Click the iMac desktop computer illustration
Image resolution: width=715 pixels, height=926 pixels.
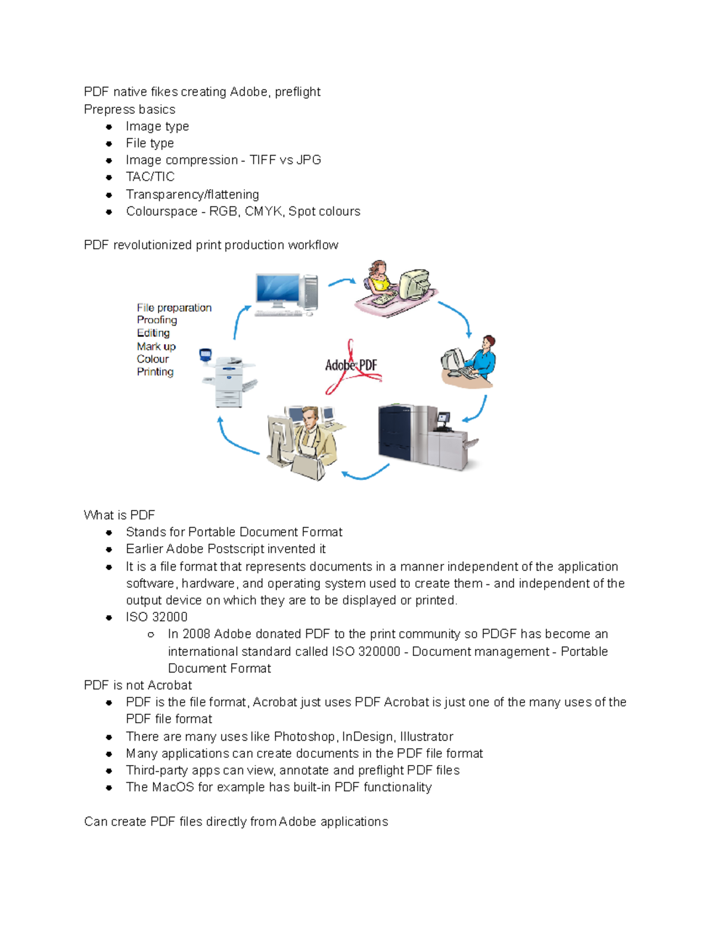click(x=285, y=294)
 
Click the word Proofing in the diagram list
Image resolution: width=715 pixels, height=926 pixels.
click(x=157, y=320)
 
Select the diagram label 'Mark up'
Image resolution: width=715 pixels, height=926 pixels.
click(x=156, y=346)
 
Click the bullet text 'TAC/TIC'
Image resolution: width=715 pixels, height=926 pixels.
click(x=150, y=177)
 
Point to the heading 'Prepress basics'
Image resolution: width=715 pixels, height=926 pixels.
click(x=129, y=110)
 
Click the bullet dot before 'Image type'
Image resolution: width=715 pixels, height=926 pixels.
click(x=109, y=127)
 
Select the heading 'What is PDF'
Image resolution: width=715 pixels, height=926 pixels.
click(x=119, y=515)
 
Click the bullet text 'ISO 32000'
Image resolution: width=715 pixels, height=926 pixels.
click(x=157, y=617)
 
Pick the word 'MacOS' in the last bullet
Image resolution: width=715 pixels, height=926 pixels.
click(x=173, y=788)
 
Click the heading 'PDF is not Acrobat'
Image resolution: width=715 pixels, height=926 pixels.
click(x=138, y=686)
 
